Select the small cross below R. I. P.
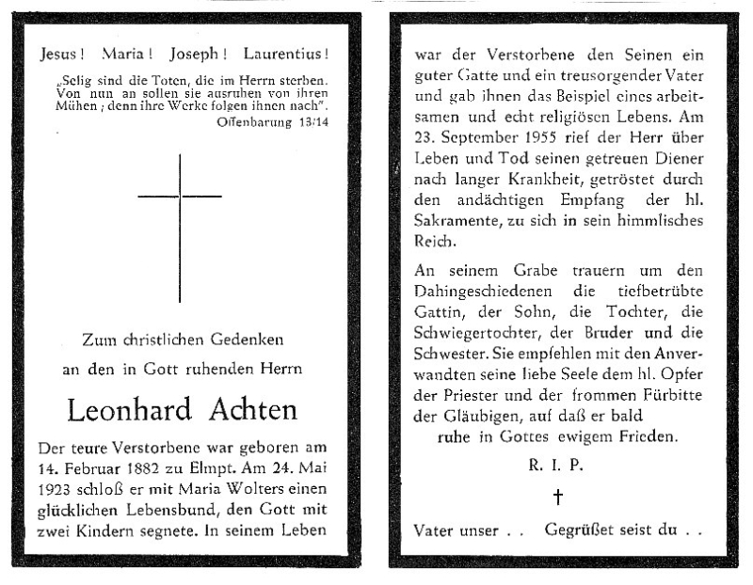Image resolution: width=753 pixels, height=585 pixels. [556, 498]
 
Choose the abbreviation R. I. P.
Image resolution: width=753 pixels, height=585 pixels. [556, 465]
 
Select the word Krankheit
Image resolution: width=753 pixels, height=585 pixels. [537, 180]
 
